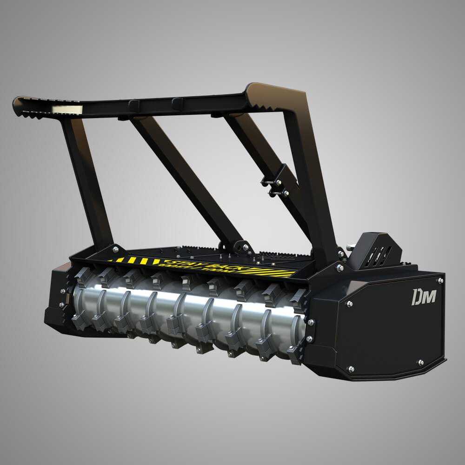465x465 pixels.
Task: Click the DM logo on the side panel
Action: [424, 296]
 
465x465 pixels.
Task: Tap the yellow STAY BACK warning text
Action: [186, 263]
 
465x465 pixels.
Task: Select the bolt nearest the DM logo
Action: [439, 280]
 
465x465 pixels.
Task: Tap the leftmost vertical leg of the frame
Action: [88, 181]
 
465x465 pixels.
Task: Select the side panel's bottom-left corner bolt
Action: [351, 369]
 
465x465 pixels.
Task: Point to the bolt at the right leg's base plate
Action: [339, 269]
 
